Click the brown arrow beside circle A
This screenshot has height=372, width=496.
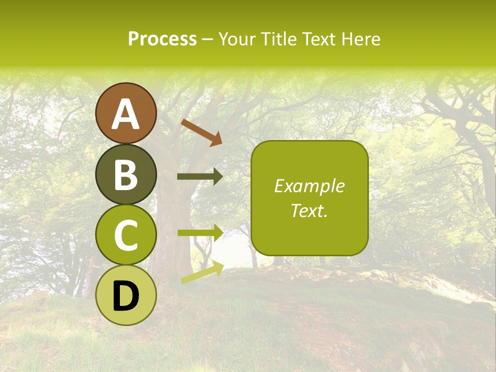pos(202,132)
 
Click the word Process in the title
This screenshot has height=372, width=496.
pos(162,39)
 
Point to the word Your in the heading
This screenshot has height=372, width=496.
pos(238,39)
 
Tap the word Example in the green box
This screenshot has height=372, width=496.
pos(309,186)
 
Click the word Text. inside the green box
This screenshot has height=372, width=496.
pos(309,211)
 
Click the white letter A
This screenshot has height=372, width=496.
pos(126,115)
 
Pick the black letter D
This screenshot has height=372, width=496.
pos(126,296)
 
